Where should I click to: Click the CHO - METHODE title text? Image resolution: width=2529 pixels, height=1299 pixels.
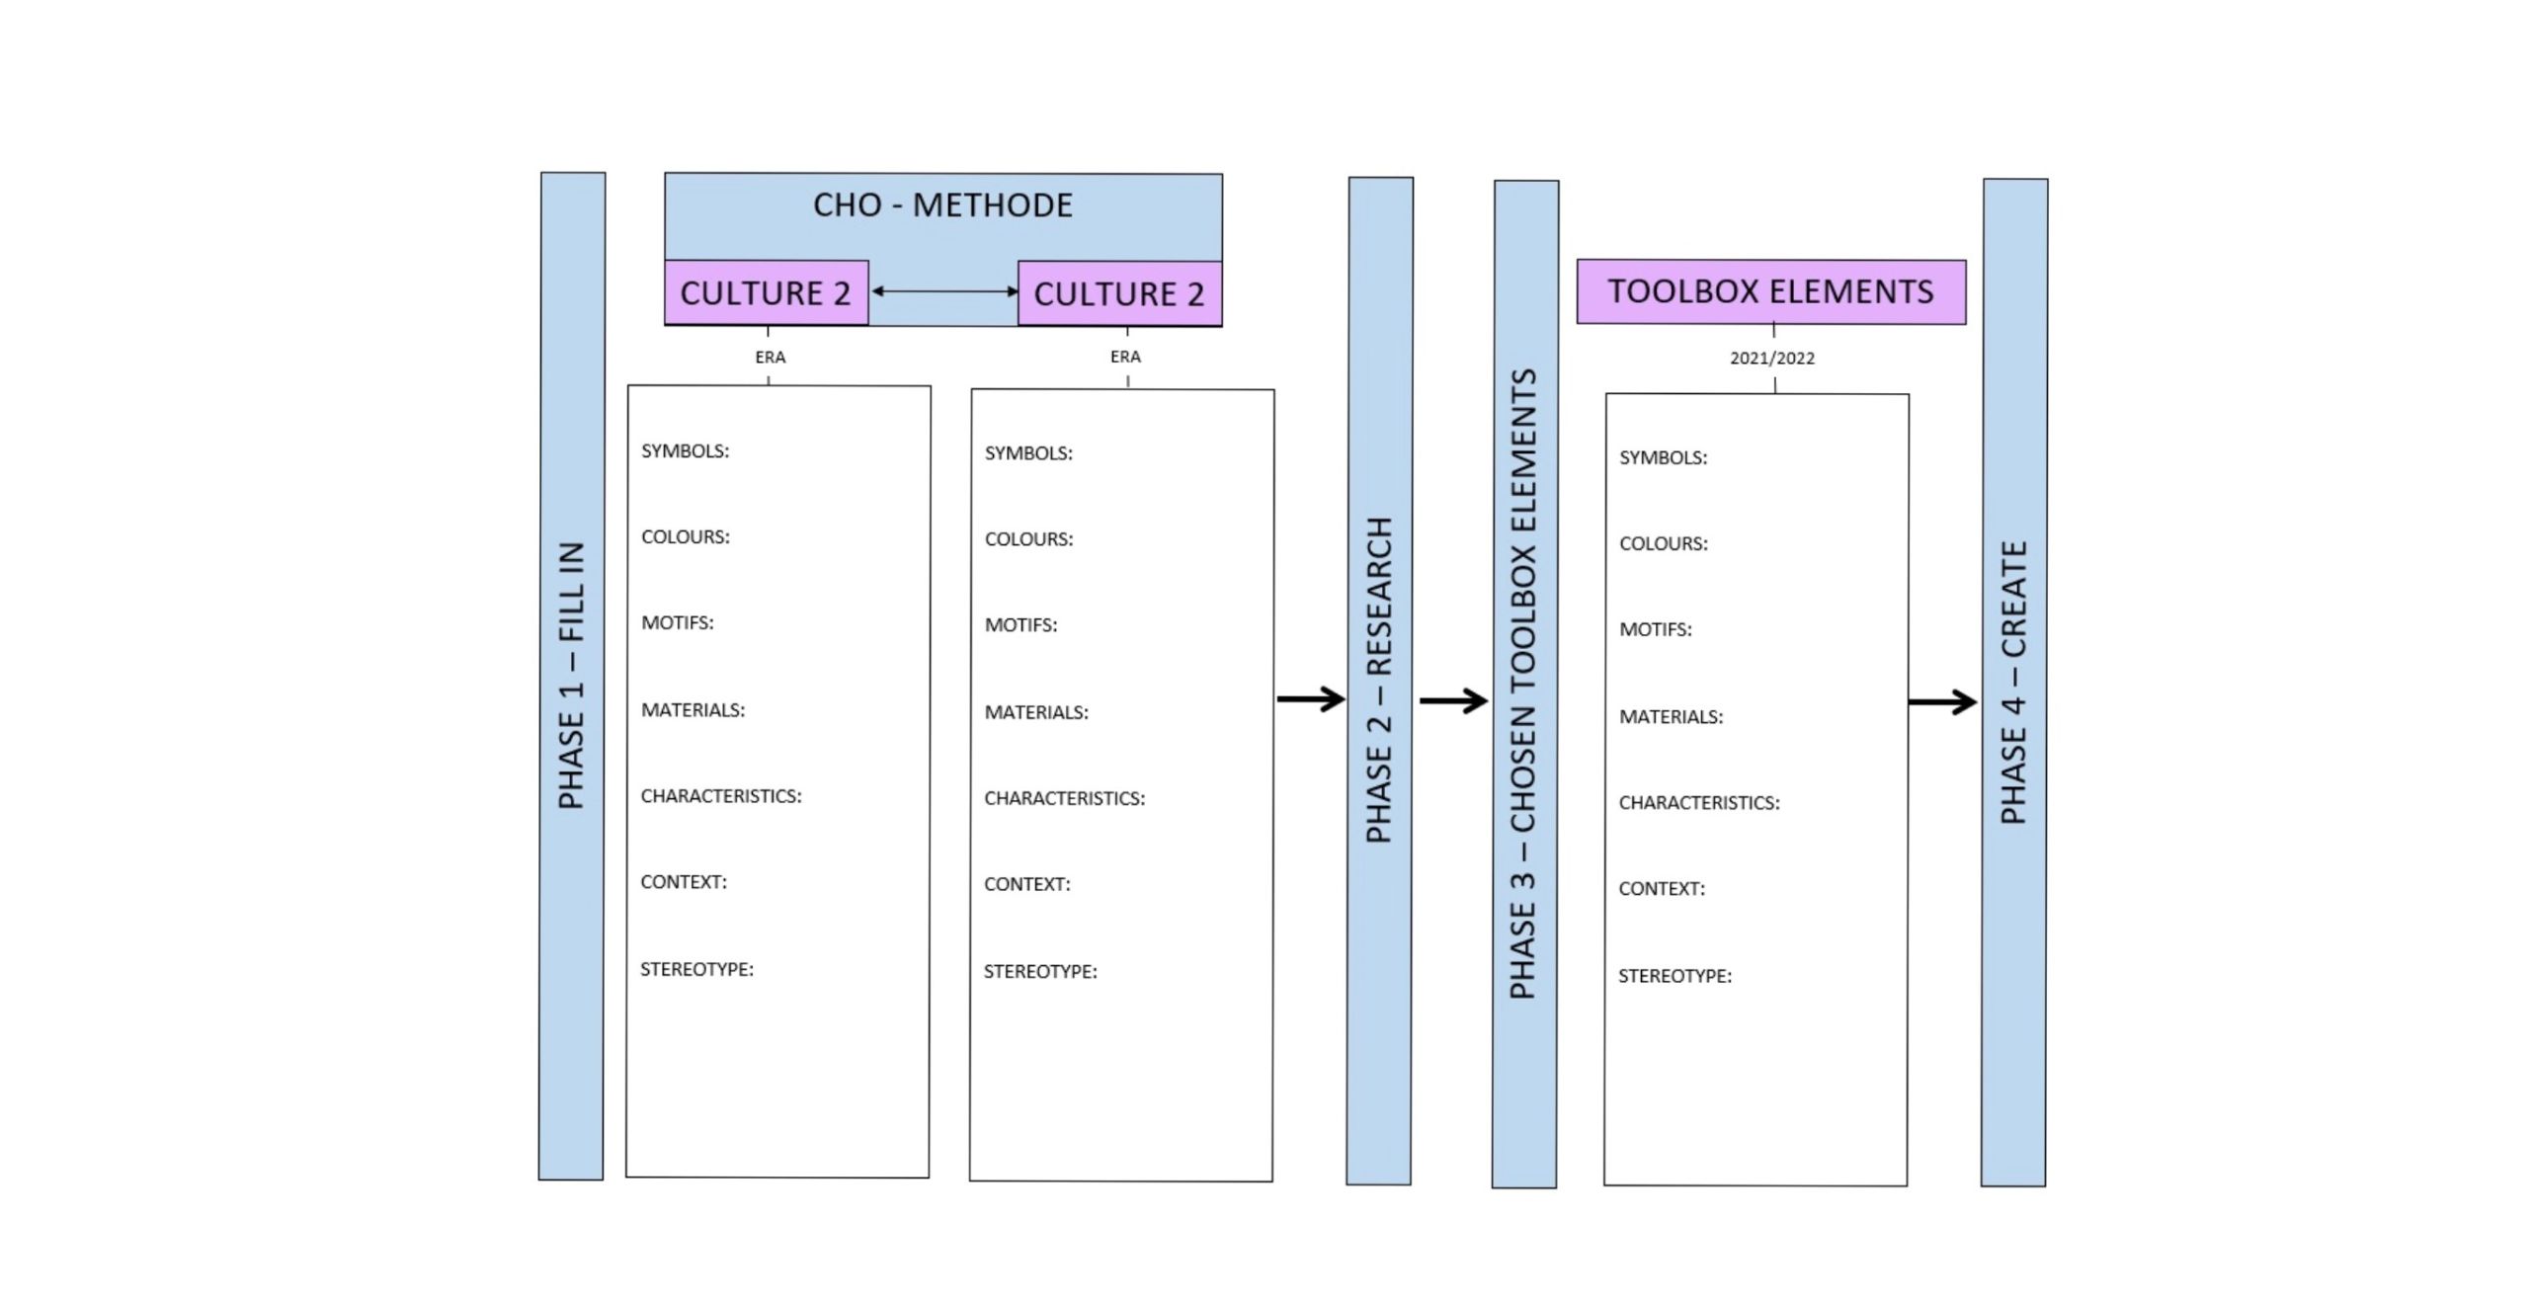(x=942, y=205)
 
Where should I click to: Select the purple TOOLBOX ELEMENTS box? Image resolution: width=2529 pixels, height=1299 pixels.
(x=1770, y=291)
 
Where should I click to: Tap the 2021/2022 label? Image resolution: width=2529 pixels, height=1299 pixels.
(x=1771, y=359)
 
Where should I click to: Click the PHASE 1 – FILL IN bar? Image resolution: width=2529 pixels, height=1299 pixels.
(x=572, y=677)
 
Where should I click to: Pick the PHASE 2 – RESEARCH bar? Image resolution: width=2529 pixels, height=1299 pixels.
(x=1379, y=682)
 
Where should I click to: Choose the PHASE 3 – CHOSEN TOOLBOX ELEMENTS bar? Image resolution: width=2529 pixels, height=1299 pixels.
(x=1524, y=684)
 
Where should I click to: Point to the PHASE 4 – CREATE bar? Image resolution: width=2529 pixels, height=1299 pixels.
(x=2014, y=683)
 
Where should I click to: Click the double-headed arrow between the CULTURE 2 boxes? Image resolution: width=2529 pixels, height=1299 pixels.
(x=943, y=291)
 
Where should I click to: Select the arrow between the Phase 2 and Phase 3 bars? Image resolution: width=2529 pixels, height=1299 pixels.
(x=1453, y=701)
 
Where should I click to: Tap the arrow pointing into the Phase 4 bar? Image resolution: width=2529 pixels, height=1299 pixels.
(x=1942, y=702)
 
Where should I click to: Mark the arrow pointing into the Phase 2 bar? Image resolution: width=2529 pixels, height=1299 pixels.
(x=1311, y=699)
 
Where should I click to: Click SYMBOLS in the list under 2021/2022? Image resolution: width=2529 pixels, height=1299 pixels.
(x=1663, y=457)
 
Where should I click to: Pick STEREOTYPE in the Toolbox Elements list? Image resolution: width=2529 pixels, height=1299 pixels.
(x=1674, y=976)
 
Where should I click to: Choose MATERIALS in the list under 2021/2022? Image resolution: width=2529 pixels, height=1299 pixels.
(x=1671, y=717)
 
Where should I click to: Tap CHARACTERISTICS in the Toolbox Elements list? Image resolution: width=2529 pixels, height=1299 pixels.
(x=1699, y=803)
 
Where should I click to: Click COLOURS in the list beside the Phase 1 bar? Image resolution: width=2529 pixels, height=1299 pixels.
(x=685, y=537)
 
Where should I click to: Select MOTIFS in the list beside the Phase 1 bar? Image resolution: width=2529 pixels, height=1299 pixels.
(x=677, y=623)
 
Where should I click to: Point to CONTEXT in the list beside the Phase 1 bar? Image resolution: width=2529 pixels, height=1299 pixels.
(x=683, y=882)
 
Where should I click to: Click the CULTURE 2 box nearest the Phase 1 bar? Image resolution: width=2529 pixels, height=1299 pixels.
(x=766, y=292)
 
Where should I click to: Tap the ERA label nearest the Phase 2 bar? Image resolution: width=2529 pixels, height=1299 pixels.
(x=1125, y=357)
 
